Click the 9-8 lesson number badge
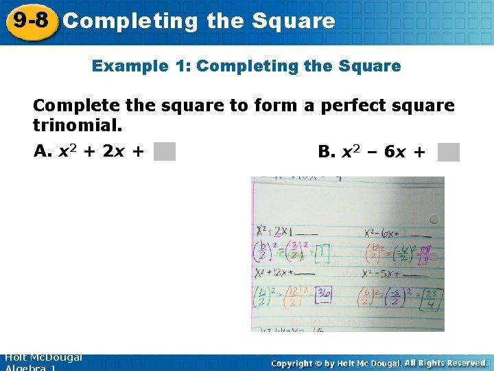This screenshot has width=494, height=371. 30,20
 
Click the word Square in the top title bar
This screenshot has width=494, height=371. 293,21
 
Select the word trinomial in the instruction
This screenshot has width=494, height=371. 77,126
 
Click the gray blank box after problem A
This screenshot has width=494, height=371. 165,151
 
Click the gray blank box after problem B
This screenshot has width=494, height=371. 448,152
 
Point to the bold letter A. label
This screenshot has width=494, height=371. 42,151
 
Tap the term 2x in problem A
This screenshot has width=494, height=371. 114,151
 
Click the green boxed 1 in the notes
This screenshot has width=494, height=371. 322,254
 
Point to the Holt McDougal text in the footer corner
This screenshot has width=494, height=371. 43,357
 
